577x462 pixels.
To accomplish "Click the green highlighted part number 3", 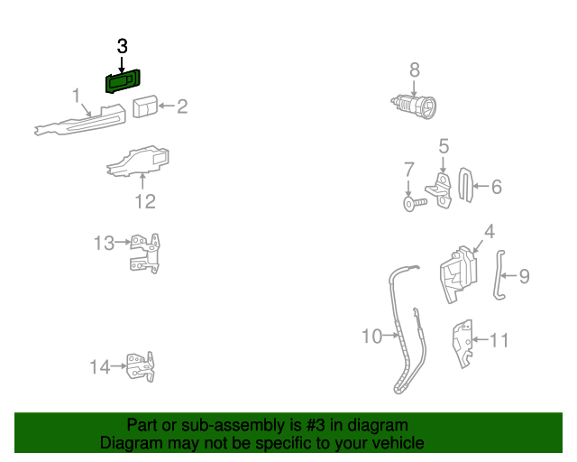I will [x=124, y=81].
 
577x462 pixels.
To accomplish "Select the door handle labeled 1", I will [x=81, y=120].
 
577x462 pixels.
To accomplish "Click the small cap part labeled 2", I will [x=144, y=106].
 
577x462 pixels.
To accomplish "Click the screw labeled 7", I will [x=409, y=205].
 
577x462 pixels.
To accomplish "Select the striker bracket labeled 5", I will [x=442, y=190].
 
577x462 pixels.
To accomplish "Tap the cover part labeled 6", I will [x=466, y=186].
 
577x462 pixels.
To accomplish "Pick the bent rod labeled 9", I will [x=499, y=277].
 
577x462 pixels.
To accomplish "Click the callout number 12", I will [x=145, y=201].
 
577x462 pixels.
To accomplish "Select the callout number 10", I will [x=371, y=337].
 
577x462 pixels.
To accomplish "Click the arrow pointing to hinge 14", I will [x=118, y=366].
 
